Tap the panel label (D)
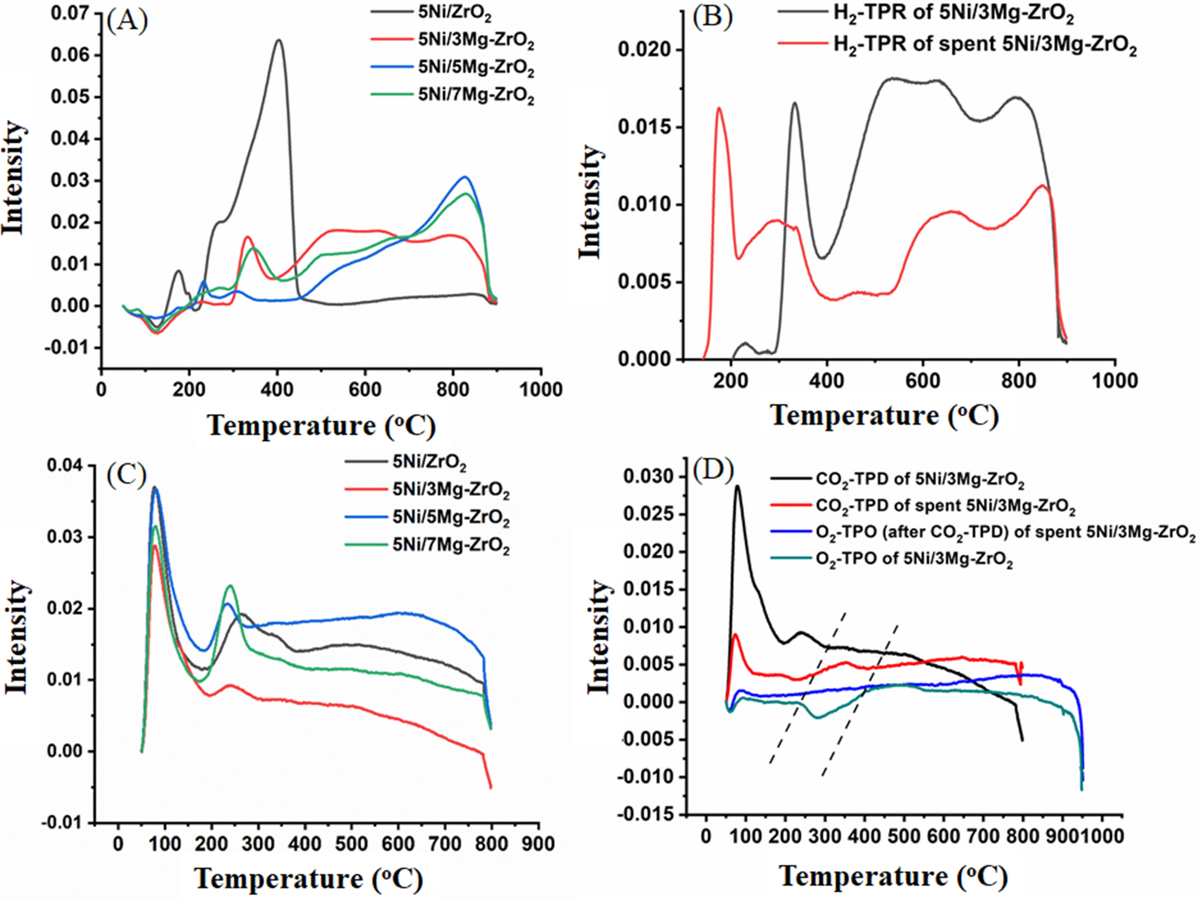[712, 470]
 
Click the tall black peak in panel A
[278, 41]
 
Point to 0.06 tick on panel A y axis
[70, 56]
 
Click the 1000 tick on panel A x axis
[540, 389]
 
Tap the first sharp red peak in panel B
[718, 109]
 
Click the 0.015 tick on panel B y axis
[644, 127]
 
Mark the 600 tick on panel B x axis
[922, 381]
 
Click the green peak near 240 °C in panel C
[230, 586]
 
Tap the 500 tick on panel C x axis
[351, 844]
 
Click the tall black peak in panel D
[738, 486]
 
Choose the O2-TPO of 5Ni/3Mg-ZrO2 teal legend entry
[913, 560]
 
